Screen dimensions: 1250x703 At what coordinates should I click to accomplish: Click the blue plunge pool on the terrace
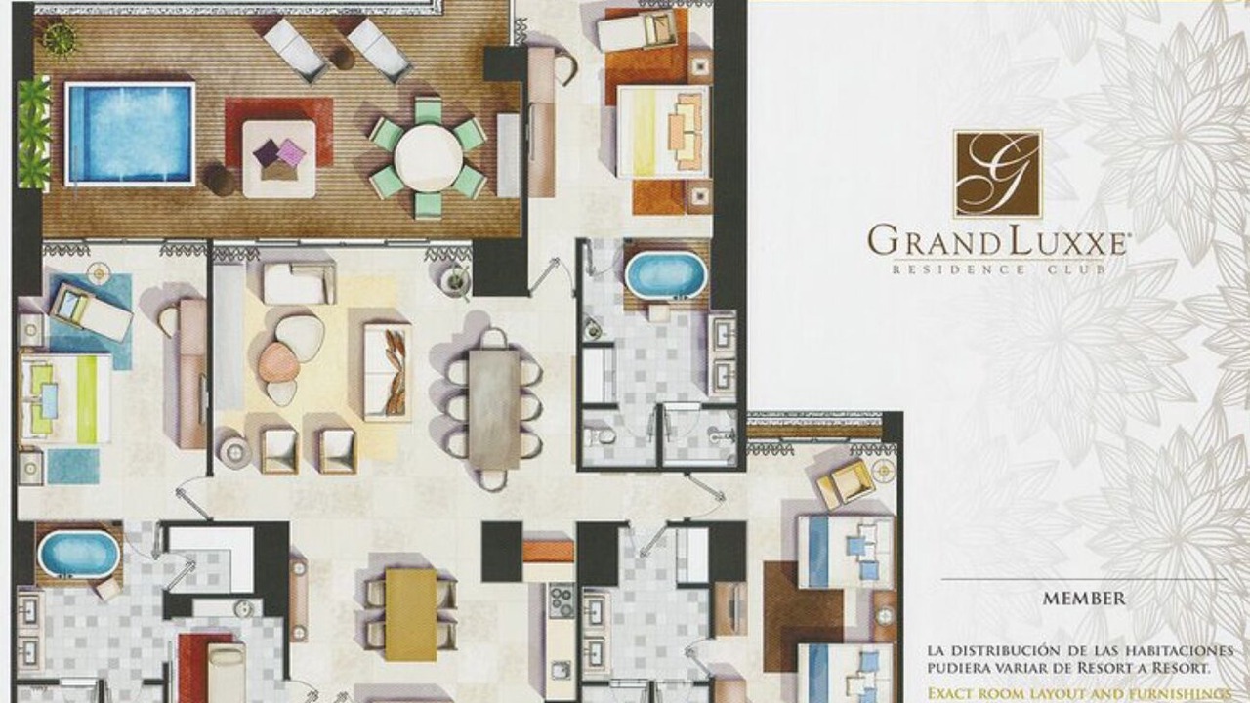coord(130,134)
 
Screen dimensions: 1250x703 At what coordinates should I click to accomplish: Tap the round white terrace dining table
coord(429,158)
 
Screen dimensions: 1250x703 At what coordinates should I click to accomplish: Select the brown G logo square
coord(998,174)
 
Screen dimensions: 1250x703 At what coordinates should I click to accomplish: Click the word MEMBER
coord(1084,599)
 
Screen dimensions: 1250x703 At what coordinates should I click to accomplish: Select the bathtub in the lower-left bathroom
coord(79,554)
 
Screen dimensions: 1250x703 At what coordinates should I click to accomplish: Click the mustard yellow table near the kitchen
coord(411,614)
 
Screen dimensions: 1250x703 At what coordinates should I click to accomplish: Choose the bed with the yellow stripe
coord(663,132)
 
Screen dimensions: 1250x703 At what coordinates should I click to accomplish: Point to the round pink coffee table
coord(278,362)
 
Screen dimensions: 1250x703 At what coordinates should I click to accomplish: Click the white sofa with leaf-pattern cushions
coord(388,372)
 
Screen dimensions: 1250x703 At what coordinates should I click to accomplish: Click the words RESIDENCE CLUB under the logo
coord(999,270)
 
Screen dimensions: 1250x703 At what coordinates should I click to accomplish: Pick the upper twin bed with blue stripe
coord(845,552)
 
